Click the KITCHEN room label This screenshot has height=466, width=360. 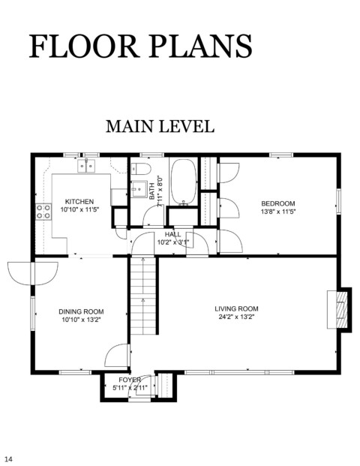coord(79,202)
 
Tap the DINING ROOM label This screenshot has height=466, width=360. coord(81,311)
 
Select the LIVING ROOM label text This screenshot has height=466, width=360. coord(236,308)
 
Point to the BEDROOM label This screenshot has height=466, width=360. coord(278,203)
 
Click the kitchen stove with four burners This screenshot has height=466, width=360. coord(43,212)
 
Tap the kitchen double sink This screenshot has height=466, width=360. coord(86,166)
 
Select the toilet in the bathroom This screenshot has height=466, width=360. coord(141,169)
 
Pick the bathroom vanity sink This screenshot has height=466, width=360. coord(139,188)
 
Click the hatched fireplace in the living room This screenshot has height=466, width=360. coord(341,310)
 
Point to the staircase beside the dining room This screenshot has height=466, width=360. coord(143,296)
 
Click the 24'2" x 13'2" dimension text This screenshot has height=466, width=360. coord(236,317)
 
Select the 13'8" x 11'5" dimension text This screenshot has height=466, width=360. coord(278,212)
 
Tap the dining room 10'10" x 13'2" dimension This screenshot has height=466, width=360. coord(81,320)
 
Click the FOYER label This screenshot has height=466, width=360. coord(130,380)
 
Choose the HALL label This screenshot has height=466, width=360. coord(172,234)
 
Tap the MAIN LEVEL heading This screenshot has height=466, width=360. coord(160,126)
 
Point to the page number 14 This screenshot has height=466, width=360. coord(8,459)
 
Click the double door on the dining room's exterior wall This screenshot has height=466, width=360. coord(33,274)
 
